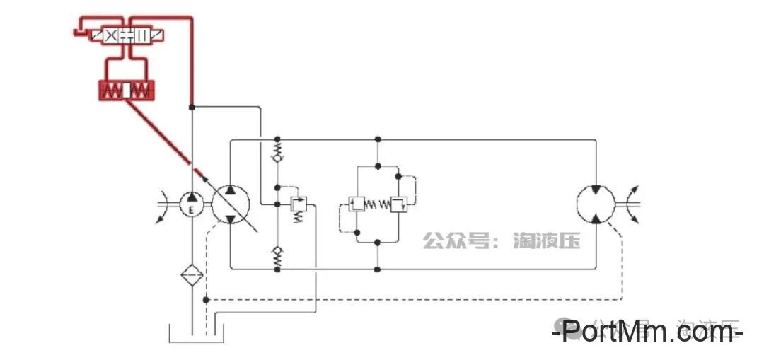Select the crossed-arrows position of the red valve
tap(111, 35)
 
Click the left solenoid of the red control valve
tap(94, 35)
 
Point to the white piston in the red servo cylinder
tap(127, 91)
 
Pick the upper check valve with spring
tap(277, 152)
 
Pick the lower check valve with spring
tap(277, 256)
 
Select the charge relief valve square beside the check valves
tap(299, 205)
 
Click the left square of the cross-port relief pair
tap(357, 204)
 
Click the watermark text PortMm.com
tap(648, 330)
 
